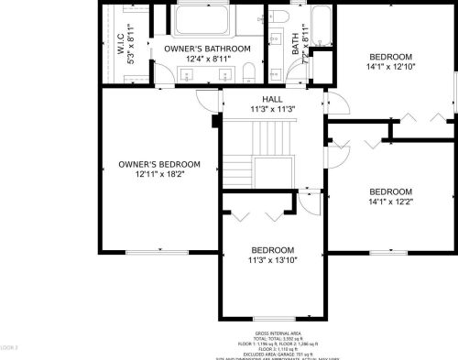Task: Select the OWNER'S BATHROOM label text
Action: click(207, 48)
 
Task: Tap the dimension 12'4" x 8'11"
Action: click(207, 60)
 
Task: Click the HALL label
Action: click(273, 98)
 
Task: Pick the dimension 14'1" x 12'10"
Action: click(391, 66)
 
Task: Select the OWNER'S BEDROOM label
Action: click(159, 165)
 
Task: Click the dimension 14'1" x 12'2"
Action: click(391, 202)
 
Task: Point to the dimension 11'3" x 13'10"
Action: click(273, 261)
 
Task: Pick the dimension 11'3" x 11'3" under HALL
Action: click(273, 110)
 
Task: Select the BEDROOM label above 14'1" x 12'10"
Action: click(391, 55)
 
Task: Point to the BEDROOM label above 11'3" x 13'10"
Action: click(273, 250)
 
